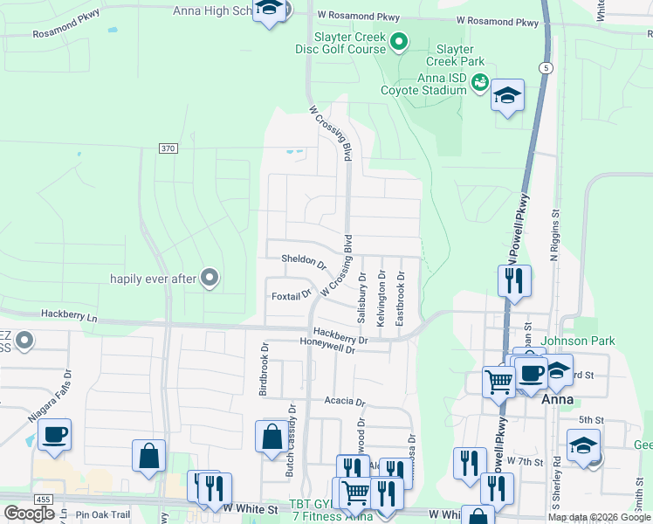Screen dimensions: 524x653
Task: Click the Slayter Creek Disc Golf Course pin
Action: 399,40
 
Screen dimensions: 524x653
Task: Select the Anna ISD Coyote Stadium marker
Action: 478,83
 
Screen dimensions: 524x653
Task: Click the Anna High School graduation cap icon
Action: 270,10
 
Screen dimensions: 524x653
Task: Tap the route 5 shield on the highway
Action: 546,67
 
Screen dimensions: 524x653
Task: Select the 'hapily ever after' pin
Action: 209,278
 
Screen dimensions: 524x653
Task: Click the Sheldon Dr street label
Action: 303,260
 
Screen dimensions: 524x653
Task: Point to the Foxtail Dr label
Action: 291,295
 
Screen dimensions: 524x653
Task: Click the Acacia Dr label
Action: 343,401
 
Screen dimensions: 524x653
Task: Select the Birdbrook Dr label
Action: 263,369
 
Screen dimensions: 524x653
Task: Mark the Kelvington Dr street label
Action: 381,299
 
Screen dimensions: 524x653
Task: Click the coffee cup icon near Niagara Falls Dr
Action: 54,434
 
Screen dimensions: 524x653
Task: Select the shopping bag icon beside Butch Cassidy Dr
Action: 271,436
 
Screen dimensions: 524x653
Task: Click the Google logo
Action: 29,513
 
